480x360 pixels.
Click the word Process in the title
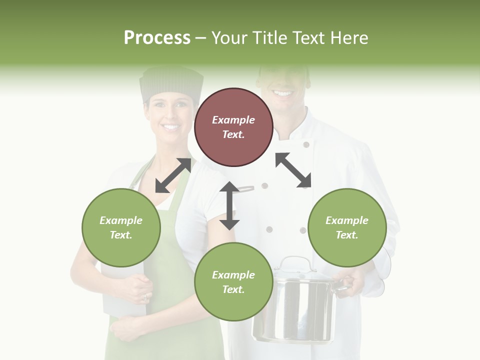coord(157,38)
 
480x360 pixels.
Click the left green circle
coord(121,227)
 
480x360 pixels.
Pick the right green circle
coord(347,227)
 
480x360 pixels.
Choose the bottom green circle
coord(233,282)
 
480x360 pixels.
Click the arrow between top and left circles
coord(173,175)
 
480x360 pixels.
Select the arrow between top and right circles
coord(293,170)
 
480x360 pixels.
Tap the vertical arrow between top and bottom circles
coord(229,205)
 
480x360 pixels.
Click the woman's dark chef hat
coord(171,83)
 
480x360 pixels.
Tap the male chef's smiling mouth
coord(283,93)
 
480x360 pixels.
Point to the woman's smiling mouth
coord(170,127)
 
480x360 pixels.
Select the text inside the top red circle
coord(233,127)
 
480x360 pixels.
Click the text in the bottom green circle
coord(233,282)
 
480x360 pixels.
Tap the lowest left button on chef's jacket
coord(269,229)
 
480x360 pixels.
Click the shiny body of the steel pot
coord(295,310)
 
